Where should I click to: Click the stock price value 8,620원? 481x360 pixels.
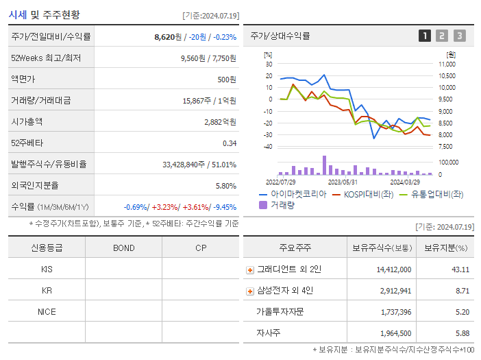(169, 37)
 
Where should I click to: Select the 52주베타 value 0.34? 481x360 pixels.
(230, 143)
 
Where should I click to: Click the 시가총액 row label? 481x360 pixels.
(27, 122)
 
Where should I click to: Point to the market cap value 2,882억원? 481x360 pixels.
(220, 122)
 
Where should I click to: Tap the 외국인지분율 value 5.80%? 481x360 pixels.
(225, 186)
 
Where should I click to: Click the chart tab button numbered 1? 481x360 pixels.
(425, 36)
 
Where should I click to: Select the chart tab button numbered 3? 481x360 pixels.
(459, 36)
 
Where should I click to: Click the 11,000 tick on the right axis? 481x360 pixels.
(446, 64)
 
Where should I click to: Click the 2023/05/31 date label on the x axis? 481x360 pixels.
(343, 182)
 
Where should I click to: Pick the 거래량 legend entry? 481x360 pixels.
(282, 204)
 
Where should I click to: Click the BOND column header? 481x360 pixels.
(123, 248)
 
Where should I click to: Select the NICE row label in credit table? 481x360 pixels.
(47, 311)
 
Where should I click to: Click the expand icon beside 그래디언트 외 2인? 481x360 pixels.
(250, 270)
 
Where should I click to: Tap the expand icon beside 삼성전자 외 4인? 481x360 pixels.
(250, 291)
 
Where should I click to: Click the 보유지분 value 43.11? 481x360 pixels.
(460, 270)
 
